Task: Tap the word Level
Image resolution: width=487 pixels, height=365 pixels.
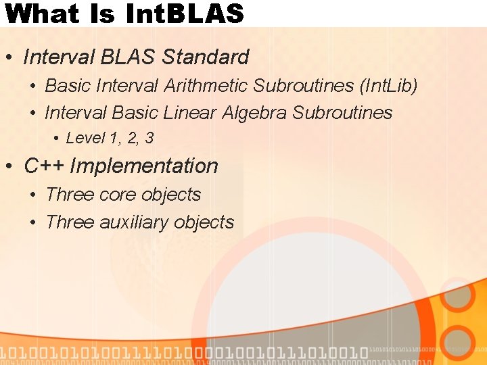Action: (x=85, y=139)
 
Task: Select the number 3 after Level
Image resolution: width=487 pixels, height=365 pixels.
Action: (x=149, y=139)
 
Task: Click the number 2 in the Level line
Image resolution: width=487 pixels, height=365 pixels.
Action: (x=132, y=139)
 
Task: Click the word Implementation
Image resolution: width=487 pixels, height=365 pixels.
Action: (x=144, y=166)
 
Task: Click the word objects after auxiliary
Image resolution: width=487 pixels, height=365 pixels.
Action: (x=204, y=222)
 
